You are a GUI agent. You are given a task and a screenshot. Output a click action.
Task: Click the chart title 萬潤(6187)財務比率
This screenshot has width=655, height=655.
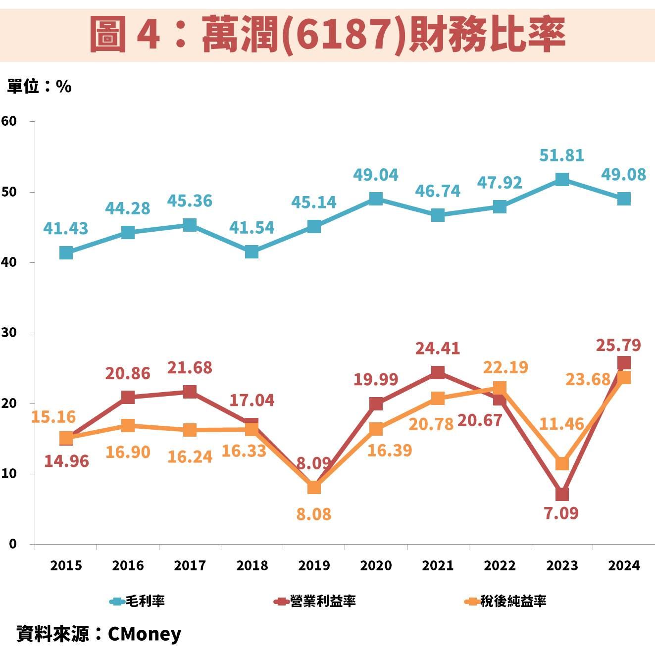point(327,34)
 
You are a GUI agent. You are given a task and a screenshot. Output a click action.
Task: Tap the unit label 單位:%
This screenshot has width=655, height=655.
point(39,86)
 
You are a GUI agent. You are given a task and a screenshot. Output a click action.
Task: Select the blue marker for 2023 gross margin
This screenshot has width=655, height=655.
point(562,179)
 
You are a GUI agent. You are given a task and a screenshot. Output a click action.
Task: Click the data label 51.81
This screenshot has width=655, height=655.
point(561,155)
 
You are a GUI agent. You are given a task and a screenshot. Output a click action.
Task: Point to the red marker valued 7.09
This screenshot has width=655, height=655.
point(562,494)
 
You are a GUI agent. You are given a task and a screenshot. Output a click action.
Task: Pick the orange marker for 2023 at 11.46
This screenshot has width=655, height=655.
point(562,463)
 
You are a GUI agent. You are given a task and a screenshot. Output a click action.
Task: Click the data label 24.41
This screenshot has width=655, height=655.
point(437,348)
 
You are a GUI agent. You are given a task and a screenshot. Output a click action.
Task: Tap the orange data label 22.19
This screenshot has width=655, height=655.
point(505,367)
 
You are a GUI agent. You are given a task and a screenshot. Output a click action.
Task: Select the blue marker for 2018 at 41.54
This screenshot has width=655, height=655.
point(252,252)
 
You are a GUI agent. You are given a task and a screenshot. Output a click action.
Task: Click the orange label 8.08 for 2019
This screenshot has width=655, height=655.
point(313,514)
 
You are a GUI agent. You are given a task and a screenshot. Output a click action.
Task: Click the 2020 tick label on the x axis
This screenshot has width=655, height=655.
point(376,565)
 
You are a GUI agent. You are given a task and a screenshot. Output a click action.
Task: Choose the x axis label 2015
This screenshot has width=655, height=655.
point(66,565)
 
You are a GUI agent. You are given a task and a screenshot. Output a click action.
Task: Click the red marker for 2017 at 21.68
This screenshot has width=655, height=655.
point(190,392)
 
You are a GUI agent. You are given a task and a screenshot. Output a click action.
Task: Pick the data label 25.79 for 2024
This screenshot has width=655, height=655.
point(618,345)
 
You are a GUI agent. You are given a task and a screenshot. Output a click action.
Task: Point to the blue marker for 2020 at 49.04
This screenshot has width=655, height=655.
point(376,199)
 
